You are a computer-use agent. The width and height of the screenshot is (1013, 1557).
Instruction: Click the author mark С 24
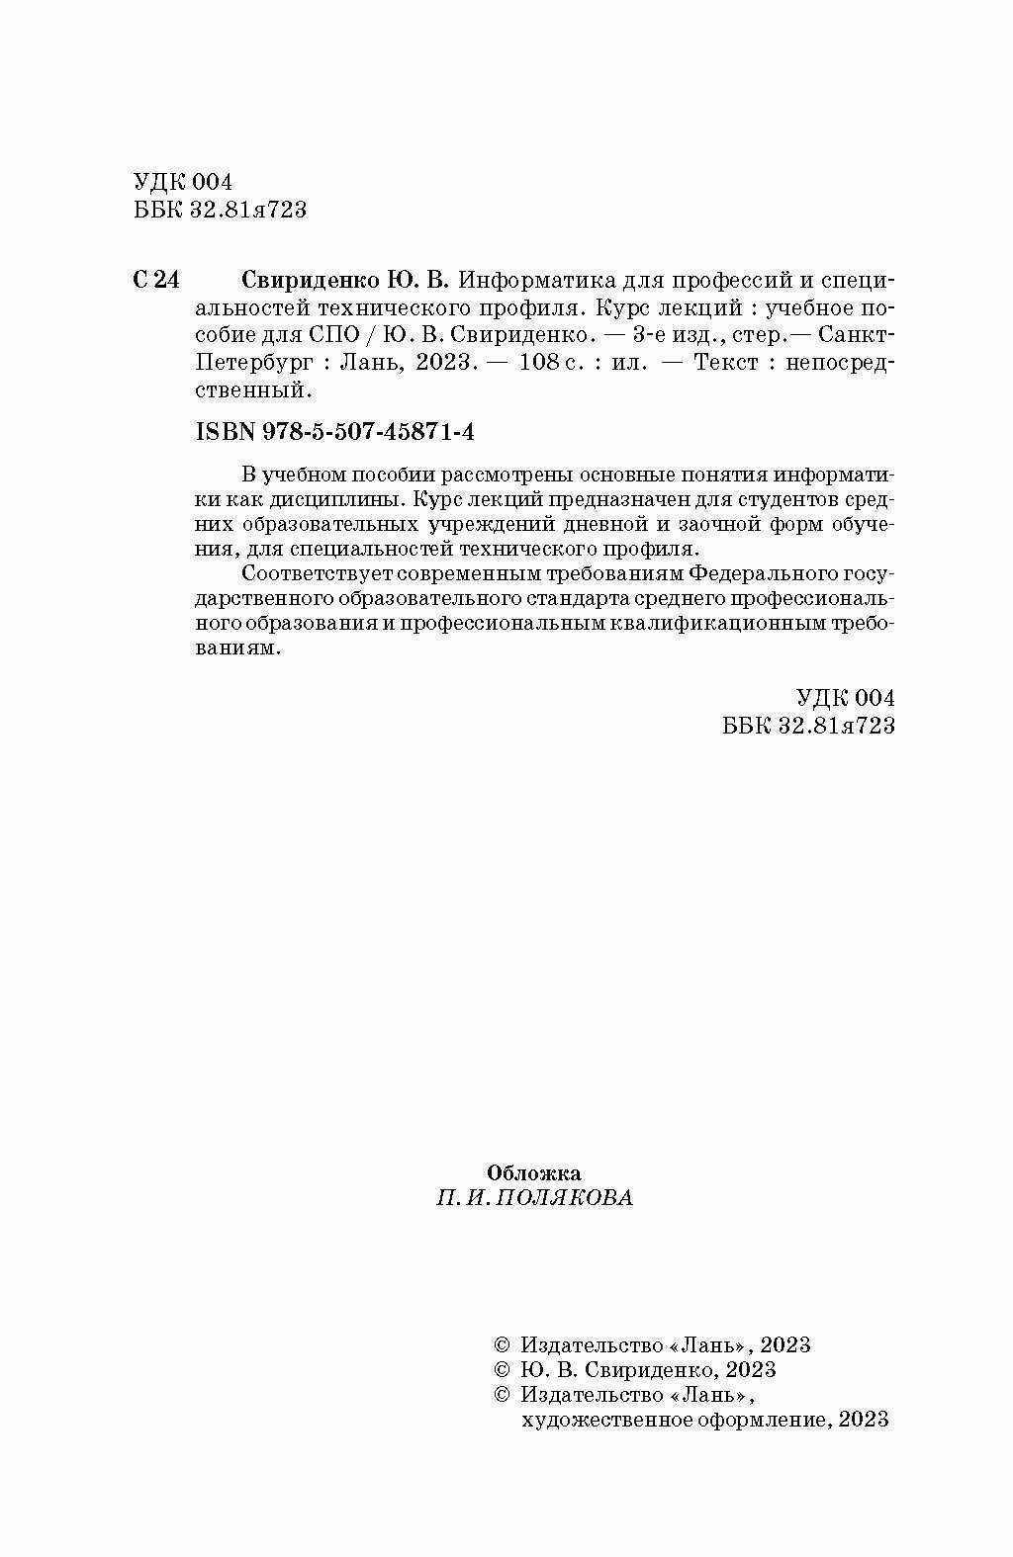click(155, 280)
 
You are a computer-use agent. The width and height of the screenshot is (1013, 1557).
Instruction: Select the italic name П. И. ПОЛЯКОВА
click(534, 1198)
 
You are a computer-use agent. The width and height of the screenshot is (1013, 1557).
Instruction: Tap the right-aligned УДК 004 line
click(845, 698)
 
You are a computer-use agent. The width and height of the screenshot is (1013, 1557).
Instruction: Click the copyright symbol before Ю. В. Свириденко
click(501, 1370)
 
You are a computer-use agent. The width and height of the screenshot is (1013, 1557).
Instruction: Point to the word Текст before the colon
click(728, 363)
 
